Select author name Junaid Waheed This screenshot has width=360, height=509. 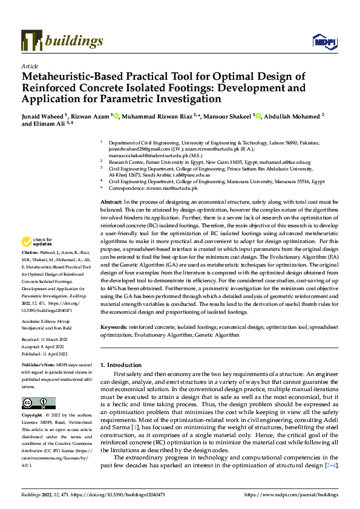click(x=43, y=115)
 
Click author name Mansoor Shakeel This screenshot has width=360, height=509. click(x=227, y=115)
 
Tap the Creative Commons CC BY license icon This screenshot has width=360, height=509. click(x=38, y=403)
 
